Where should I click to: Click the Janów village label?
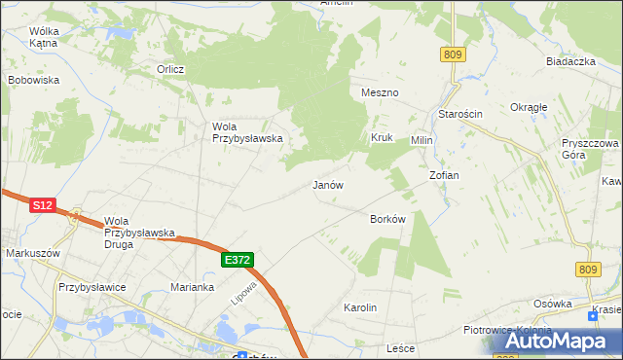[x=328, y=184]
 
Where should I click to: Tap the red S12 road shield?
[x=41, y=205]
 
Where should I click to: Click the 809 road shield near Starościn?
[x=451, y=55]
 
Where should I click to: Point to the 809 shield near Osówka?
[x=587, y=270]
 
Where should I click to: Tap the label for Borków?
[x=387, y=219]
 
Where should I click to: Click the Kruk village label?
[x=381, y=138]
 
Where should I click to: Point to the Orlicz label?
[x=171, y=69]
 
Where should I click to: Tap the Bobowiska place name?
[x=34, y=80]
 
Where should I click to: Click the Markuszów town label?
[x=33, y=253]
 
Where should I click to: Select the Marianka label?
[x=192, y=287]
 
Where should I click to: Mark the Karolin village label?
[x=360, y=307]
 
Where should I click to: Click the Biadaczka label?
[x=571, y=61]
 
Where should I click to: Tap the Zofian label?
[x=444, y=175]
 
